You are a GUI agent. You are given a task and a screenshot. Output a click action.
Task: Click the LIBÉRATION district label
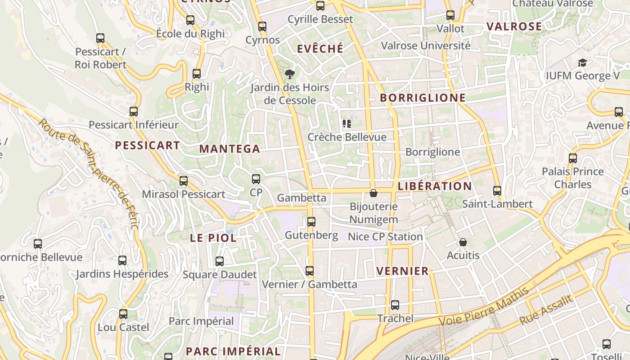point(435,186)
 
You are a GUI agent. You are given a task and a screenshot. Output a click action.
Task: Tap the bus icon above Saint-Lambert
point(497,191)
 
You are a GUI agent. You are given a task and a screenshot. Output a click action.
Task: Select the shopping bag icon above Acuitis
point(463,242)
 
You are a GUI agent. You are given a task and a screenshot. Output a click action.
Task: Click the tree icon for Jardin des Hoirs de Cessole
point(290,74)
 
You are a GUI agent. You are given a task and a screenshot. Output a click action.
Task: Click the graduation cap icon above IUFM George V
point(583,63)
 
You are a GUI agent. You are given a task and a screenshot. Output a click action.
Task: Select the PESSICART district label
point(148,145)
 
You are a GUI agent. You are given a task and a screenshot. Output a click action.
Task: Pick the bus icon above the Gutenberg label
point(311,222)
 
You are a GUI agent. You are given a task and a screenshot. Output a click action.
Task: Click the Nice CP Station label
point(385,237)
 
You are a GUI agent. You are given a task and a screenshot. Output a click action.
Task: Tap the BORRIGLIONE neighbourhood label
point(423,98)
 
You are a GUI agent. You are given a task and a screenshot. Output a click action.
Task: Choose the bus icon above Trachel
point(395,305)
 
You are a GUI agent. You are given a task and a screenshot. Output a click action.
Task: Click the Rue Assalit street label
point(547,310)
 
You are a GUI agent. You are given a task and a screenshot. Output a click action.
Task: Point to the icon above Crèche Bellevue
point(346,124)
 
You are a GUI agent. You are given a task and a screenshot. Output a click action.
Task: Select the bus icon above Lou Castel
point(123,314)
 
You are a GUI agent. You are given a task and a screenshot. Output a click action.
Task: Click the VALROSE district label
point(514,27)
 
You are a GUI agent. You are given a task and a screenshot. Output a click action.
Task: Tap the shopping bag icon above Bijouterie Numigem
point(373,193)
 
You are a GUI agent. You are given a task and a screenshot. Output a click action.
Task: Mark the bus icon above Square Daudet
point(220,261)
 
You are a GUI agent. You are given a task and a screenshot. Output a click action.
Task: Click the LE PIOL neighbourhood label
point(213,238)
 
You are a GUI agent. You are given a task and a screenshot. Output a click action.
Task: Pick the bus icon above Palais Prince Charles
point(573,158)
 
